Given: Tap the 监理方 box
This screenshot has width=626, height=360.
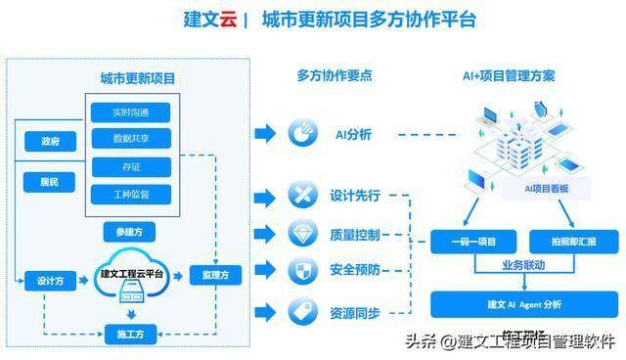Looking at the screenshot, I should pyautogui.click(x=215, y=275).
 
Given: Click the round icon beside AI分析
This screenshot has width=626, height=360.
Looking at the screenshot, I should pyautogui.click(x=300, y=134).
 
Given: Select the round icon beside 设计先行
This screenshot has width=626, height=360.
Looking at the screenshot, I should pyautogui.click(x=300, y=195).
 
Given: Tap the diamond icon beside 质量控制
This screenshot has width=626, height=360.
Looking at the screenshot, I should pyautogui.click(x=300, y=234).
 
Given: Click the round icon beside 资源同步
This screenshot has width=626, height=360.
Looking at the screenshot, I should pyautogui.click(x=300, y=312).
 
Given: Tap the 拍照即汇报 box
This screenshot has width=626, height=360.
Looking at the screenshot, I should pyautogui.click(x=568, y=241).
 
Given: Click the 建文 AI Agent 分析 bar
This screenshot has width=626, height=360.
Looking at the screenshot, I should pyautogui.click(x=523, y=304).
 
